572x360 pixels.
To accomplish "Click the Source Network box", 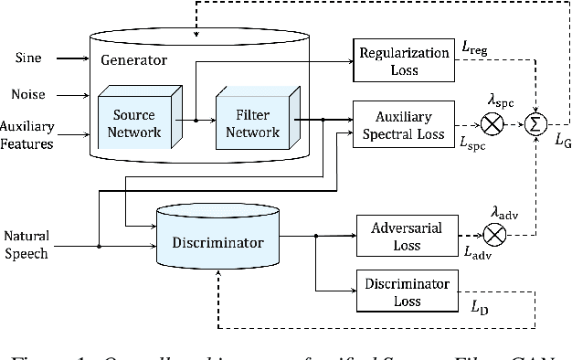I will (x=137, y=124).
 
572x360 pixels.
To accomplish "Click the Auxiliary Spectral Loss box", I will (x=402, y=126).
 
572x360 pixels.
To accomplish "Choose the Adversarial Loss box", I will (x=402, y=236).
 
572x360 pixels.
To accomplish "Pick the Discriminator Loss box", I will (x=402, y=291).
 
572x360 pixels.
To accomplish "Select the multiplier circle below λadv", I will (x=494, y=236).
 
